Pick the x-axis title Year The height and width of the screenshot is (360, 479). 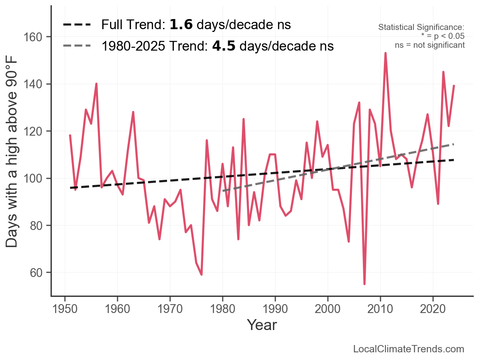point(262,325)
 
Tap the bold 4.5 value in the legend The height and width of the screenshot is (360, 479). point(224,46)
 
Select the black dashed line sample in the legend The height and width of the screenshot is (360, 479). point(76,25)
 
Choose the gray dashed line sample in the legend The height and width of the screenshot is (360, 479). point(76,46)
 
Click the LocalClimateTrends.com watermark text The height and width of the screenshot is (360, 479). point(409,349)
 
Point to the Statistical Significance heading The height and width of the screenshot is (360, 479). point(421,28)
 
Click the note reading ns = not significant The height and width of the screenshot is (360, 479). point(430,45)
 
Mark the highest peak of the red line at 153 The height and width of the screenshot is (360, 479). point(386,53)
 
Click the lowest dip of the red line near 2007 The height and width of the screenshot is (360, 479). point(365,284)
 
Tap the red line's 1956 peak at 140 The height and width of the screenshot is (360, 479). point(96,84)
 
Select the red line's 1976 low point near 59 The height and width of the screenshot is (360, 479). point(201,275)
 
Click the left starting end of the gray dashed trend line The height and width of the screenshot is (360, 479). point(223,191)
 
